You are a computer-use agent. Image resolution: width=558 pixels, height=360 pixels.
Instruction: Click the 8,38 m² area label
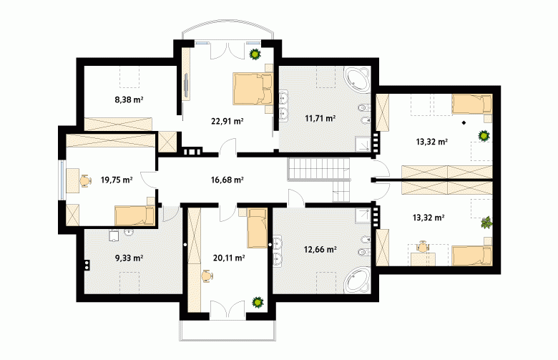pos(129,99)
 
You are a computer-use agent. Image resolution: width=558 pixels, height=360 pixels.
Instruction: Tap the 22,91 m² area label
pos(227,122)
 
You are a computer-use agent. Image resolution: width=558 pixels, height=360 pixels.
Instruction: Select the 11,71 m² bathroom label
pos(320,118)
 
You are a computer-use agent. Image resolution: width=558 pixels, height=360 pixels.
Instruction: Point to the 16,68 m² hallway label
pos(227,180)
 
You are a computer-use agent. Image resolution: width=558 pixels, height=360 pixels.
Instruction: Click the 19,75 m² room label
pos(117,180)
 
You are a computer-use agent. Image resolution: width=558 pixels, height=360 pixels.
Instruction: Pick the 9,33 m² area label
pos(129,258)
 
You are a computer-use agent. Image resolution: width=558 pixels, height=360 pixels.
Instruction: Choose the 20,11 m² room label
pos(229,258)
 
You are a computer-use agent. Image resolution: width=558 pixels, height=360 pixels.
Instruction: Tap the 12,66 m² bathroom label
pos(320,249)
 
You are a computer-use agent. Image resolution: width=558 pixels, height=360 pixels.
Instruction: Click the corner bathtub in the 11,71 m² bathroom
pos(357,79)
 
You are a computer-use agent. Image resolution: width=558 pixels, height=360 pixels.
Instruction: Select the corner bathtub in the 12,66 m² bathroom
pos(357,281)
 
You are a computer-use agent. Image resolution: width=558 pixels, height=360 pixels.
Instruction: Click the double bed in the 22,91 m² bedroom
pos(253,89)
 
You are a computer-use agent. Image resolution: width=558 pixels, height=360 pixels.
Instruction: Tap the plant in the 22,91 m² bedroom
pos(255,54)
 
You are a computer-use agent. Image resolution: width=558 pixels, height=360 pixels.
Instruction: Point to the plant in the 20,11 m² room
pos(258,303)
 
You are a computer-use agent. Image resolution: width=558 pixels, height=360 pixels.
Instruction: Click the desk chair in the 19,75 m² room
pos(84,180)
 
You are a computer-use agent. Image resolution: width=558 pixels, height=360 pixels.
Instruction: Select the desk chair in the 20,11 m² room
pos(207,276)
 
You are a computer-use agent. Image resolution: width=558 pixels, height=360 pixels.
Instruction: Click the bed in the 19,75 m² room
pos(134,215)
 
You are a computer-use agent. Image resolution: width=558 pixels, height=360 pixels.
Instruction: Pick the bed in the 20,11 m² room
pos(257,228)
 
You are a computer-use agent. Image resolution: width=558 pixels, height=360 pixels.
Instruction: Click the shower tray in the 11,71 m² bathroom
pos(363,144)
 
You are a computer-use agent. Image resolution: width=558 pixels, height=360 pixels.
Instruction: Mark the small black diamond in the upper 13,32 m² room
pos(464,123)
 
